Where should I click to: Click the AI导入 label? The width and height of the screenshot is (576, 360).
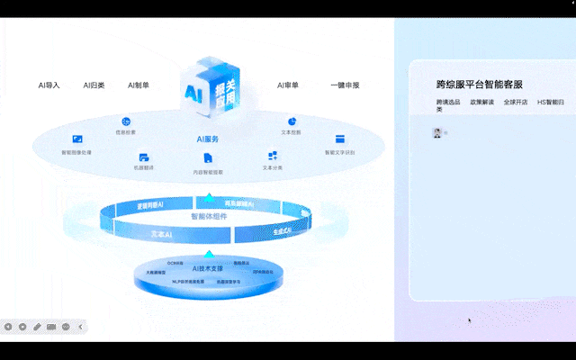pyautogui.click(x=49, y=85)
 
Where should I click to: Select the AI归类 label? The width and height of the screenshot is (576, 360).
pyautogui.click(x=94, y=85)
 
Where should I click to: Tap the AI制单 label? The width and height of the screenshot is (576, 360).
pyautogui.click(x=139, y=85)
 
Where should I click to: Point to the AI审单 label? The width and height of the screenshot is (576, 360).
pyautogui.click(x=288, y=85)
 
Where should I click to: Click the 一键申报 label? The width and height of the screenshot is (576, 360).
pyautogui.click(x=345, y=85)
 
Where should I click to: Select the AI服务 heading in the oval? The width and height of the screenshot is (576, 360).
pyautogui.click(x=208, y=139)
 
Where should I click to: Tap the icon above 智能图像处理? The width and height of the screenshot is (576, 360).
pyautogui.click(x=77, y=139)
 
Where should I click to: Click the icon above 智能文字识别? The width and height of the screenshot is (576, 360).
pyautogui.click(x=340, y=139)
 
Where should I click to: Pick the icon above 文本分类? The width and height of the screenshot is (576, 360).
pyautogui.click(x=272, y=156)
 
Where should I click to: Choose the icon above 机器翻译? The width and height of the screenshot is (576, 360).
pyautogui.click(x=144, y=157)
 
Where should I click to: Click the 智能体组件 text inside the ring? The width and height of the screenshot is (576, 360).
pyautogui.click(x=209, y=217)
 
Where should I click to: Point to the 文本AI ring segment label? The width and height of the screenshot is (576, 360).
pyautogui.click(x=161, y=234)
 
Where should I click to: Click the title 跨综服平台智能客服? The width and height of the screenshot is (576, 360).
pyautogui.click(x=479, y=85)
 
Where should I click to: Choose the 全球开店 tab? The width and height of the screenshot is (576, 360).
pyautogui.click(x=516, y=102)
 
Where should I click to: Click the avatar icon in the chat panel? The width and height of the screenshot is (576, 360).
pyautogui.click(x=438, y=132)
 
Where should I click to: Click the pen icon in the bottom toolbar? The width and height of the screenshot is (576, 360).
pyautogui.click(x=37, y=326)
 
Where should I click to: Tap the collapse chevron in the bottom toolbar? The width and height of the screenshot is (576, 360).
pyautogui.click(x=80, y=326)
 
